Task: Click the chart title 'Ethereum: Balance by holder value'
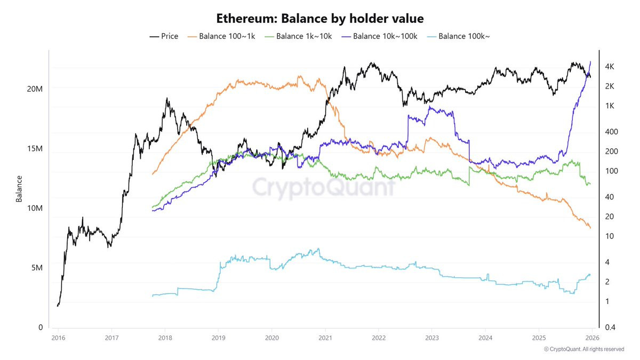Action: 319,19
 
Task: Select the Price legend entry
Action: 164,36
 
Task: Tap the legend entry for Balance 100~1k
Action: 221,36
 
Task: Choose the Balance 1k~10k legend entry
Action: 298,36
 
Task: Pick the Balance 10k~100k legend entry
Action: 379,36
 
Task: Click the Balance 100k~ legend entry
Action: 458,36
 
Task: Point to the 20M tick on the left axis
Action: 35,89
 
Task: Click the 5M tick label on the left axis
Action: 37,268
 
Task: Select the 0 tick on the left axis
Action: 41,327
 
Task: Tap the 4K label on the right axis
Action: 610,67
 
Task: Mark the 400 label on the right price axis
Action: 611,132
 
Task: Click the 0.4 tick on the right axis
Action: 610,327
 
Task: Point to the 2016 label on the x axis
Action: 58,338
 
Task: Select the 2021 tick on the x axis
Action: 325,338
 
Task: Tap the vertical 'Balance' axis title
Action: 19,189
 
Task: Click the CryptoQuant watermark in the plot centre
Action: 324,187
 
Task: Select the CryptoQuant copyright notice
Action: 584,349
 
